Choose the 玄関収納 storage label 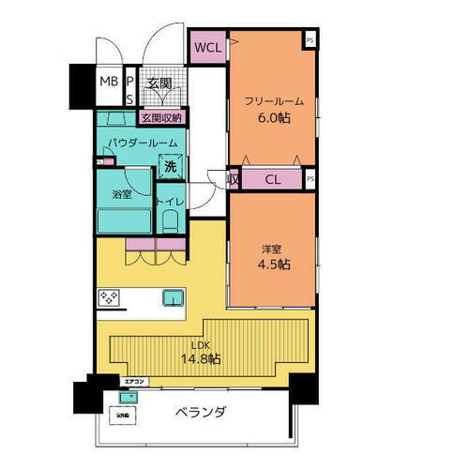click(162, 118)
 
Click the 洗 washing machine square click(170, 166)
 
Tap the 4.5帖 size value click(274, 265)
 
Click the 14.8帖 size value click(201, 358)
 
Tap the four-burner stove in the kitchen click(108, 298)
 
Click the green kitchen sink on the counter click(174, 297)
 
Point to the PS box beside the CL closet click(310, 177)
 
